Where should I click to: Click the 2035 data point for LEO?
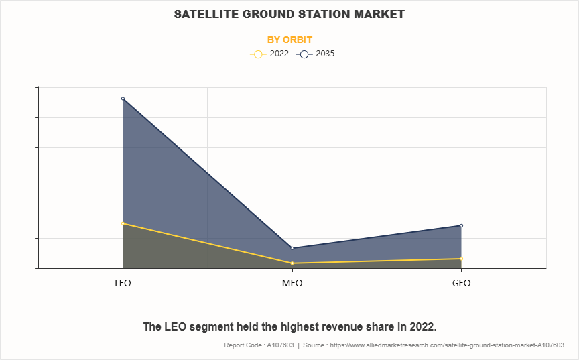[123, 99]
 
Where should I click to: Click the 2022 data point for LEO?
[123, 223]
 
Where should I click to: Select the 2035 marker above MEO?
[292, 248]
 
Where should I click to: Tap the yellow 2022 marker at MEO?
[292, 263]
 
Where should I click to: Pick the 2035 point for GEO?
[461, 225]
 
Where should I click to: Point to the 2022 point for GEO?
[461, 259]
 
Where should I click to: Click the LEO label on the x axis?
[123, 283]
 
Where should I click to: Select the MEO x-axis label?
[292, 283]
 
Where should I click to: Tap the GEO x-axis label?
[461, 283]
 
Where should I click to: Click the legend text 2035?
[325, 54]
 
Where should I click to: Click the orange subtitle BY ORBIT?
[289, 40]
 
